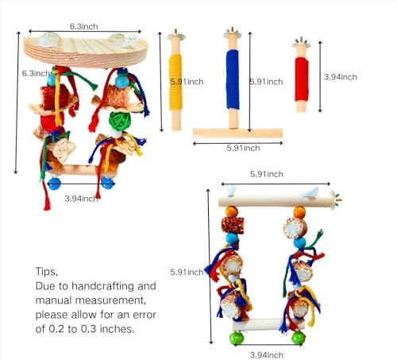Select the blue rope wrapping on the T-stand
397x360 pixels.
pos(233,79)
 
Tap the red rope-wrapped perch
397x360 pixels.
pos(302,79)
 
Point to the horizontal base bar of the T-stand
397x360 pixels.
pos(238,133)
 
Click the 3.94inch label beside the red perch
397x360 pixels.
pos(341,77)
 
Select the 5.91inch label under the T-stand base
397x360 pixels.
pos(243,148)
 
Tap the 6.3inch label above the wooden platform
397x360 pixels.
pos(83,26)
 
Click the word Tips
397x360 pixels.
pos(46,272)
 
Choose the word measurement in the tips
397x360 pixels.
pos(110,300)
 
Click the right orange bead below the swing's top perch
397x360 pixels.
pos(299,212)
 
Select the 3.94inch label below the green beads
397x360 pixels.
pos(267,355)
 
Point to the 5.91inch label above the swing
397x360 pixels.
pos(267,174)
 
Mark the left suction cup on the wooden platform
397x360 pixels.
pos(48,39)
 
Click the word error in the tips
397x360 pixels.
pos(145,315)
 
